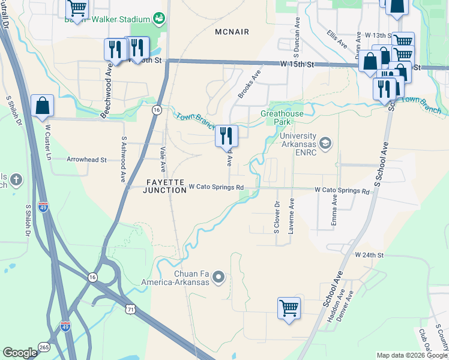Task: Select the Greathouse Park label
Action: [x=282, y=117]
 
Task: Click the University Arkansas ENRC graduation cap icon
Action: [x=325, y=143]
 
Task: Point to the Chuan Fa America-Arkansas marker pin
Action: [x=218, y=278]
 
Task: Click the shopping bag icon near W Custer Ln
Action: [x=43, y=106]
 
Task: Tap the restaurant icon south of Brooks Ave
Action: [x=227, y=136]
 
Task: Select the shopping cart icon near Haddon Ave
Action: [x=289, y=308]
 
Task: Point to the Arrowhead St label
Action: [x=86, y=160]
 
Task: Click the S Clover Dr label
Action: [x=277, y=217]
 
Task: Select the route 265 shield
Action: [x=44, y=347]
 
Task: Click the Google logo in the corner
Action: [x=20, y=353]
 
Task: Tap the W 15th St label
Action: [x=297, y=63]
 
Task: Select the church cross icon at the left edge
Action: [x=15, y=179]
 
